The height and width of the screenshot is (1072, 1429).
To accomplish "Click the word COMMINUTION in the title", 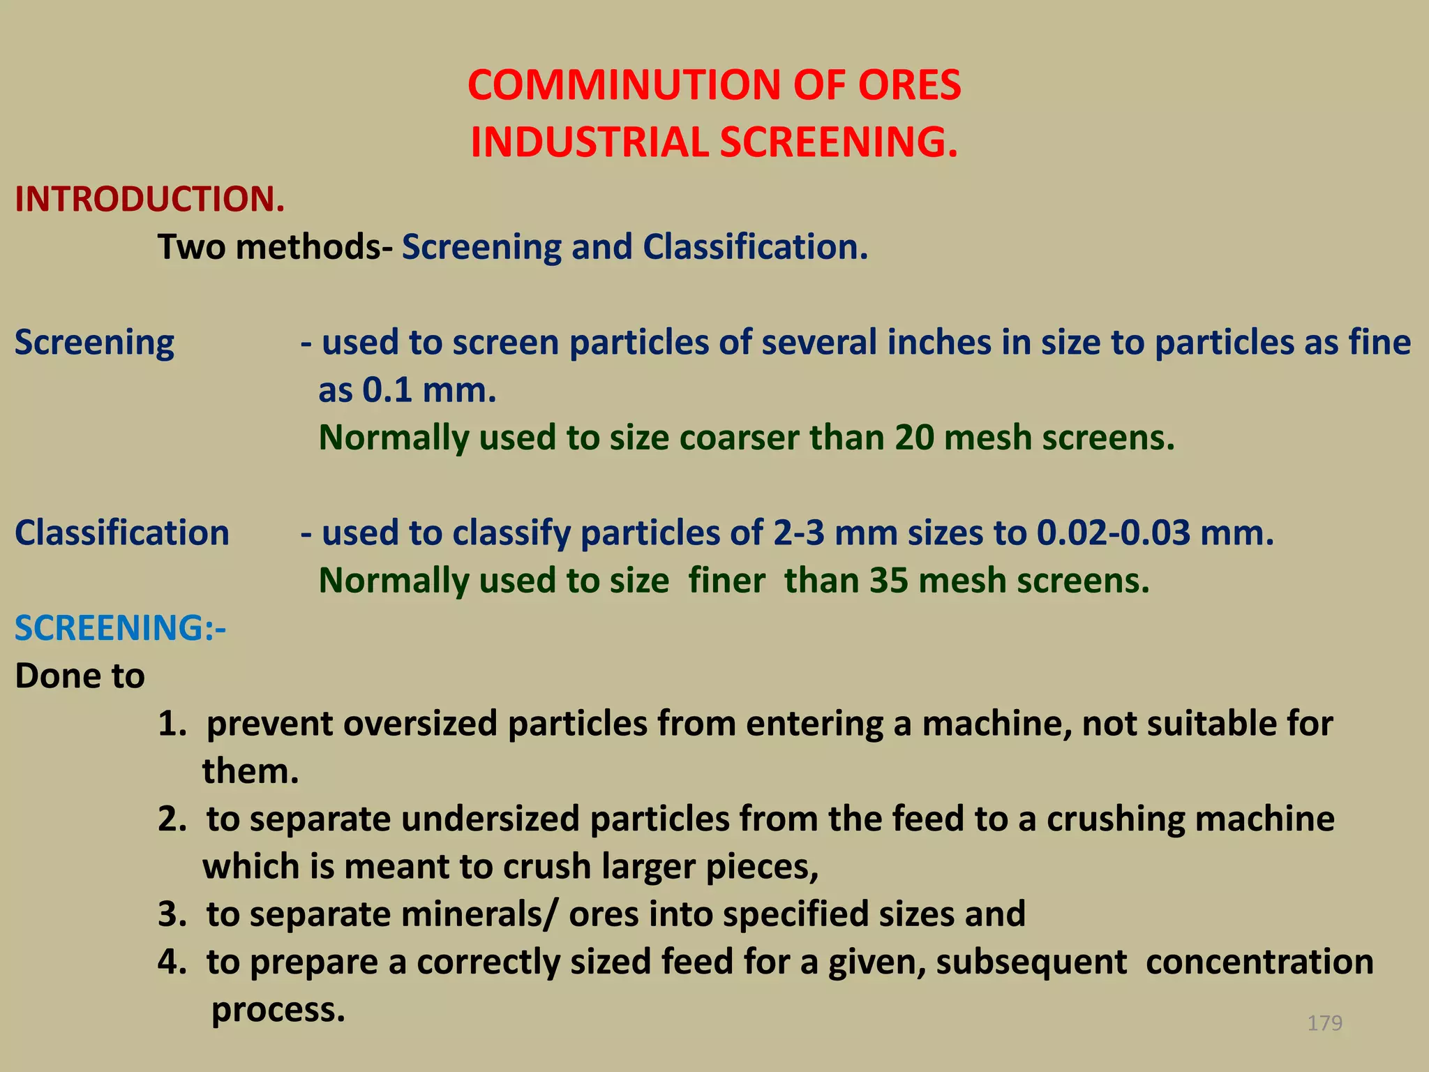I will coord(624,86).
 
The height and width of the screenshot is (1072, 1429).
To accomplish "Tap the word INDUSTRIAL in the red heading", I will coord(590,142).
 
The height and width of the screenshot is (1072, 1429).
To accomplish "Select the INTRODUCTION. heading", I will coord(150,200).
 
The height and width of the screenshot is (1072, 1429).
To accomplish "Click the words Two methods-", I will coord(275,247).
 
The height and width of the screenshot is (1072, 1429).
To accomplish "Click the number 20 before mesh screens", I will coord(914,438).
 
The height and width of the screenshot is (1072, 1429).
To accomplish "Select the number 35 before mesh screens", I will coord(888,581).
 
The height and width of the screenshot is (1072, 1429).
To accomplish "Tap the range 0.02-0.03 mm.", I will coord(1155,533).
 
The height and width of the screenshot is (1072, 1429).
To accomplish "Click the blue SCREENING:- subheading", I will coord(120,628).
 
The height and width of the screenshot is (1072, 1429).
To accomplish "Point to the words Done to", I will coord(80,676).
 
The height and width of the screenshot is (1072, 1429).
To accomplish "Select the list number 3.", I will coord(171,915).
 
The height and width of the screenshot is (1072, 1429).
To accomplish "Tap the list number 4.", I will coord(171,962).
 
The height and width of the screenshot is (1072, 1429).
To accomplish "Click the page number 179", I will coord(1324,1023).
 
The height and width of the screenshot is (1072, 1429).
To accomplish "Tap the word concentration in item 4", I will coord(1259,962).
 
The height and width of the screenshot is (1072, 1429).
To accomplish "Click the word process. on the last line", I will coord(278,1010).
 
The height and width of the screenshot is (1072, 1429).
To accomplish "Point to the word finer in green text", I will coord(726,581).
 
